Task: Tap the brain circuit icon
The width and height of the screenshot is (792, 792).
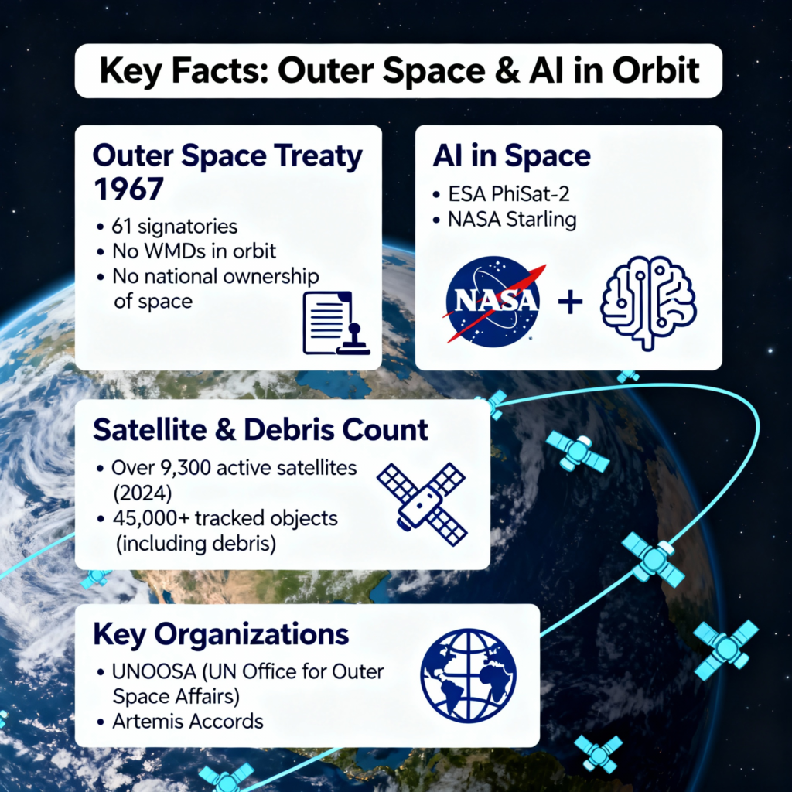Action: (648, 302)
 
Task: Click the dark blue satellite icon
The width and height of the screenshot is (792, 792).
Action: (422, 504)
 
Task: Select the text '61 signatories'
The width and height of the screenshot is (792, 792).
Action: (175, 227)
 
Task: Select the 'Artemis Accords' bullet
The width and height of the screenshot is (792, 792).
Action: (188, 722)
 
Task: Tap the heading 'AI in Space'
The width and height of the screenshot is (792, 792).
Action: (512, 155)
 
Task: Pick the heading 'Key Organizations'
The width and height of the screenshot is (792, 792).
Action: (220, 635)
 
